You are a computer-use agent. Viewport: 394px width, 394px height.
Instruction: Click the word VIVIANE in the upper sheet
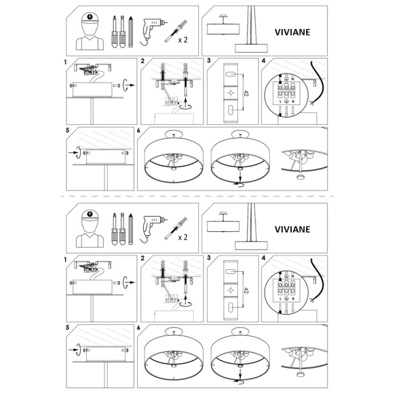point(294,30)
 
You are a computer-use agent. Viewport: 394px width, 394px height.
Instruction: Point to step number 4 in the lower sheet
point(263,260)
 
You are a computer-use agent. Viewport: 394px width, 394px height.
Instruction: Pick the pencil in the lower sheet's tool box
point(131,227)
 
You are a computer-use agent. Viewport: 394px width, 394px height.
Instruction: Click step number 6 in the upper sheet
point(139,130)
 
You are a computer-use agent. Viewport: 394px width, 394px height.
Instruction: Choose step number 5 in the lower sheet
point(68,328)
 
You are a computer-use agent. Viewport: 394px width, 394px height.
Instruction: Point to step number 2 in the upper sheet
point(142,62)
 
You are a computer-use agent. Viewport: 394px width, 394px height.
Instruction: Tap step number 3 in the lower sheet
point(208,260)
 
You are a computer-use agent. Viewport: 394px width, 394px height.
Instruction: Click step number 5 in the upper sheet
point(68,130)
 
